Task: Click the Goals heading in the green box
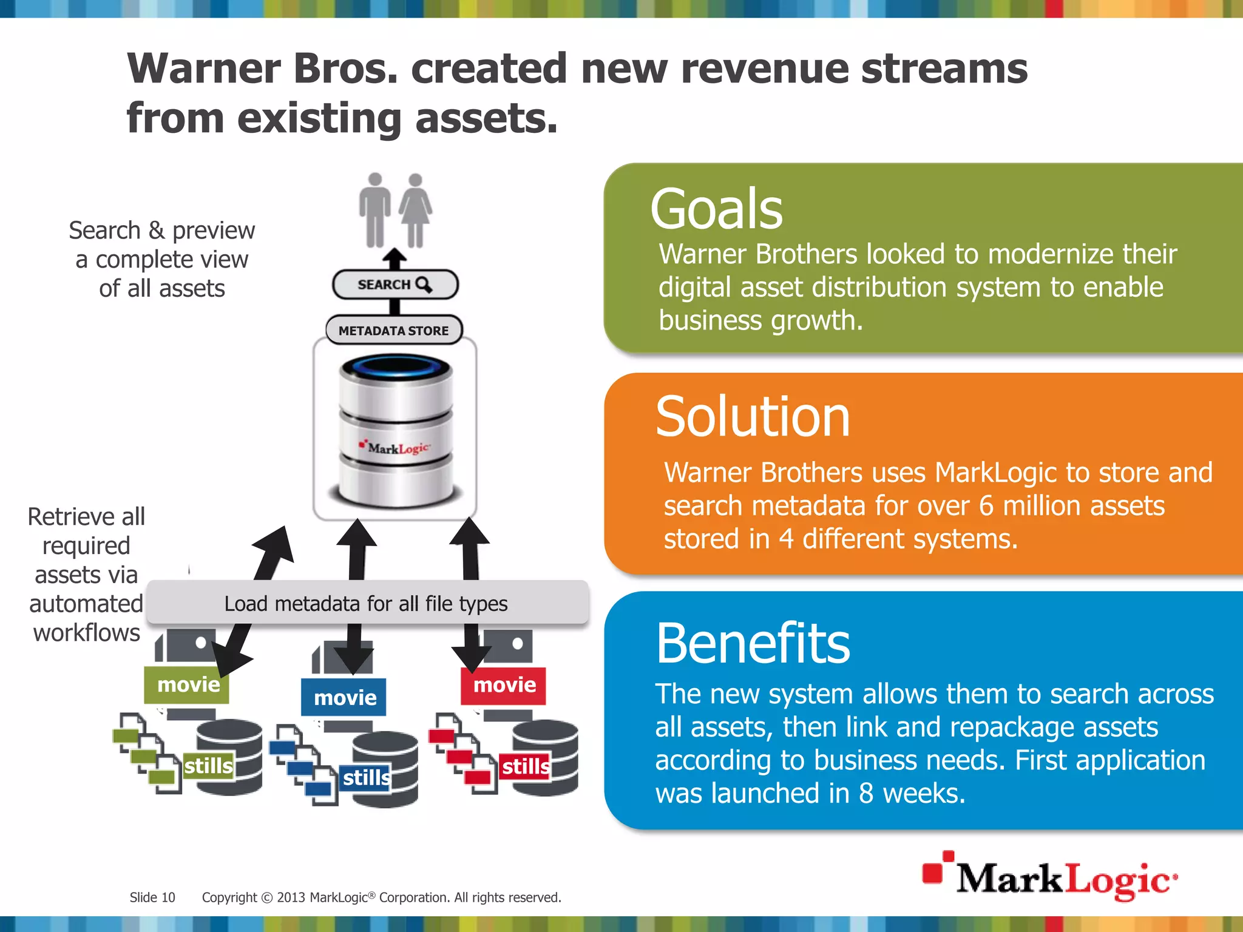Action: pos(716,209)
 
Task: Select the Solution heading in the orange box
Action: pos(753,417)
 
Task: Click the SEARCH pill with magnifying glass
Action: pos(395,285)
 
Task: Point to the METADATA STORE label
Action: pos(394,331)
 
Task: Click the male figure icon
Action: pos(375,210)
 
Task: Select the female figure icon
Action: pos(416,210)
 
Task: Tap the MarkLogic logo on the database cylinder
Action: pos(396,448)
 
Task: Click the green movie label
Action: pos(188,685)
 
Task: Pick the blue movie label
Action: pos(344,698)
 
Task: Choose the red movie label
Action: pos(504,685)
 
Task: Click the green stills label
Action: pos(208,766)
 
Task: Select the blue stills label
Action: pos(365,777)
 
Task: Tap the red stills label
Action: pos(525,766)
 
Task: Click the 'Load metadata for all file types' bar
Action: pos(367,604)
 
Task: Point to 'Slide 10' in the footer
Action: pos(152,897)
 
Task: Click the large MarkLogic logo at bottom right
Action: pos(1050,877)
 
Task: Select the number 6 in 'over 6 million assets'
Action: pos(986,505)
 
